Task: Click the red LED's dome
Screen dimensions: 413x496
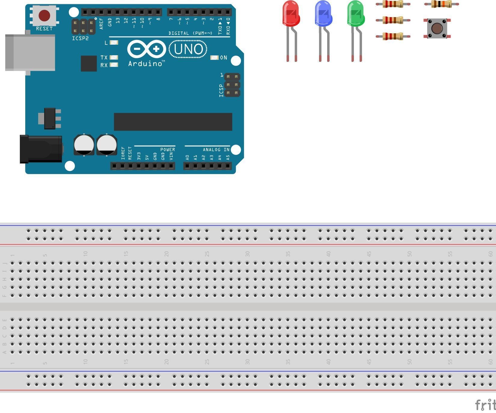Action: tap(291, 14)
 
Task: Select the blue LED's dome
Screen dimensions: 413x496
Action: tap(323, 14)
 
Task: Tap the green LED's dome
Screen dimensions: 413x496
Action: tap(356, 14)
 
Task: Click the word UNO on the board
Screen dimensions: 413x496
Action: tap(188, 50)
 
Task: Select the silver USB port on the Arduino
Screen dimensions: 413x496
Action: tap(30, 53)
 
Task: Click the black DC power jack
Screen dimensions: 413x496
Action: tap(41, 149)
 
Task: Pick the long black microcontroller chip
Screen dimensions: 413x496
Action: tap(173, 122)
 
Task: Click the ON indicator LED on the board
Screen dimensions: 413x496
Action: tap(214, 58)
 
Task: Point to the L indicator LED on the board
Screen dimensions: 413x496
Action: tap(114, 43)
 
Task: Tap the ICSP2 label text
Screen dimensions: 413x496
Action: tap(80, 39)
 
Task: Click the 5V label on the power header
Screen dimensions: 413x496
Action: tap(147, 157)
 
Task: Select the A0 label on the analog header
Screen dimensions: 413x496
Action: tap(187, 157)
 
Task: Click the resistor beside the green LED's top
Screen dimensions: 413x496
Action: tap(393, 4)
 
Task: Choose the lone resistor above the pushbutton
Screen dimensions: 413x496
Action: tap(441, 4)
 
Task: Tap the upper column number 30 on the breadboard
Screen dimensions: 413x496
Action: tap(247, 254)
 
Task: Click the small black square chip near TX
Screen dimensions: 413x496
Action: tap(89, 63)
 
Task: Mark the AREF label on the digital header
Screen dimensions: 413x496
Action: tap(101, 23)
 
